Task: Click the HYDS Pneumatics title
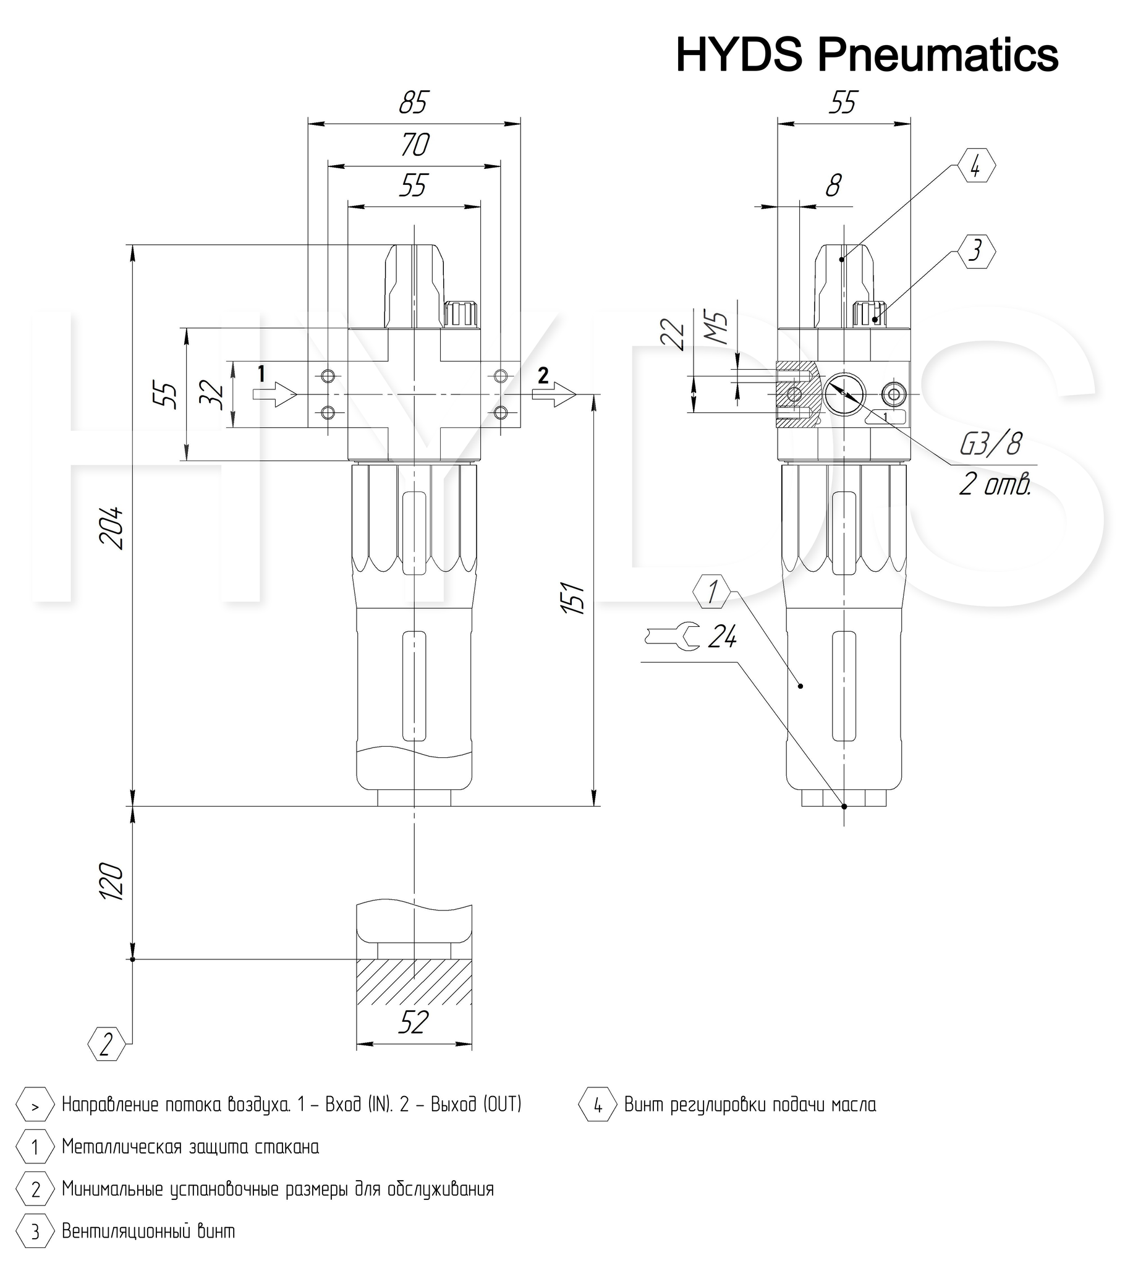coord(867,55)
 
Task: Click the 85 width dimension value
coord(414,103)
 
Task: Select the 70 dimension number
coord(414,145)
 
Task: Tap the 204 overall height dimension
coord(112,529)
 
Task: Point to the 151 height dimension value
coord(574,597)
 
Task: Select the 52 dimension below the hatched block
coord(412,1022)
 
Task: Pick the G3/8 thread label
coord(990,444)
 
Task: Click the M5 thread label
coord(717,329)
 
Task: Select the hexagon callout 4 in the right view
coord(976,167)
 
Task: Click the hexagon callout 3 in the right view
coord(976,252)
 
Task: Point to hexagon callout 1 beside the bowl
coord(713,592)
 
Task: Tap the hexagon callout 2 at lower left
coord(106,1043)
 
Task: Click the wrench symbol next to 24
coord(674,636)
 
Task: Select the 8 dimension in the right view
coord(834,185)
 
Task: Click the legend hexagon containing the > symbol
coord(35,1104)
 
